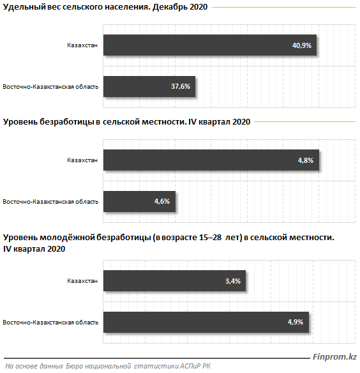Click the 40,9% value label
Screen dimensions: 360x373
302,45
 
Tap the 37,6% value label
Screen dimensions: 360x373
181,86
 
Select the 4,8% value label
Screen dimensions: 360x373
306,160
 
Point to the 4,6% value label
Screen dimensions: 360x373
162,201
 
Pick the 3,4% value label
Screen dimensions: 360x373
233,281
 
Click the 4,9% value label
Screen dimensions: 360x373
296,322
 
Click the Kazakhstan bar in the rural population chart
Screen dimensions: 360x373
210,45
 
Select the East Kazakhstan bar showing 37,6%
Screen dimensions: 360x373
149,87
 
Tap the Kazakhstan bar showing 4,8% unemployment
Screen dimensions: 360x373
211,160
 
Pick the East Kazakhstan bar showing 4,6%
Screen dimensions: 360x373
139,201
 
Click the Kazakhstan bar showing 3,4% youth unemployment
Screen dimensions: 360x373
174,280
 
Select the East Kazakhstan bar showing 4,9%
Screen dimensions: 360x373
206,322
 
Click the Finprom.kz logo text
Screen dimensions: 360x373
334,356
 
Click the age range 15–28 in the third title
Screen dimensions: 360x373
210,238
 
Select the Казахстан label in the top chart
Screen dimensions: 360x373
82,45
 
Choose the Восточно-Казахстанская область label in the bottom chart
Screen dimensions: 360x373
50,323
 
